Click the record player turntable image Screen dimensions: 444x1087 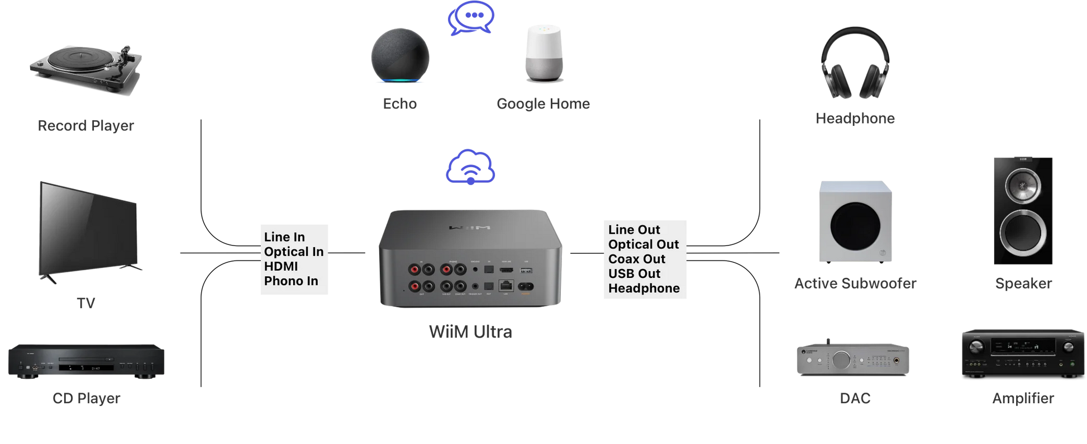pos(87,69)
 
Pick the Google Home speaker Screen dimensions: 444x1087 pos(544,53)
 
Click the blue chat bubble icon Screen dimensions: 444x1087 pos(471,18)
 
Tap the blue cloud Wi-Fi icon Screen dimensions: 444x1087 pos(470,167)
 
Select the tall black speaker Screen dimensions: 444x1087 pos(1023,211)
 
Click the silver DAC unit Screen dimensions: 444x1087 pos(853,360)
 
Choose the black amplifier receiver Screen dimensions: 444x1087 pos(1023,352)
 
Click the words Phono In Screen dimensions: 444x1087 pos(291,281)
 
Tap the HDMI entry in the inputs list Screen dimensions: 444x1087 pos(281,266)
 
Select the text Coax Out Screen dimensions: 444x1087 pos(637,259)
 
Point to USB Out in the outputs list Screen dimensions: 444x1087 pos(634,273)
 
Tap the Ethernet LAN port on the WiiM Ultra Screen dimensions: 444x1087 pos(506,286)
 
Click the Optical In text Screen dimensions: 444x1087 pos(294,252)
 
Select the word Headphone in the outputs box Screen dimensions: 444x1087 pos(644,288)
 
